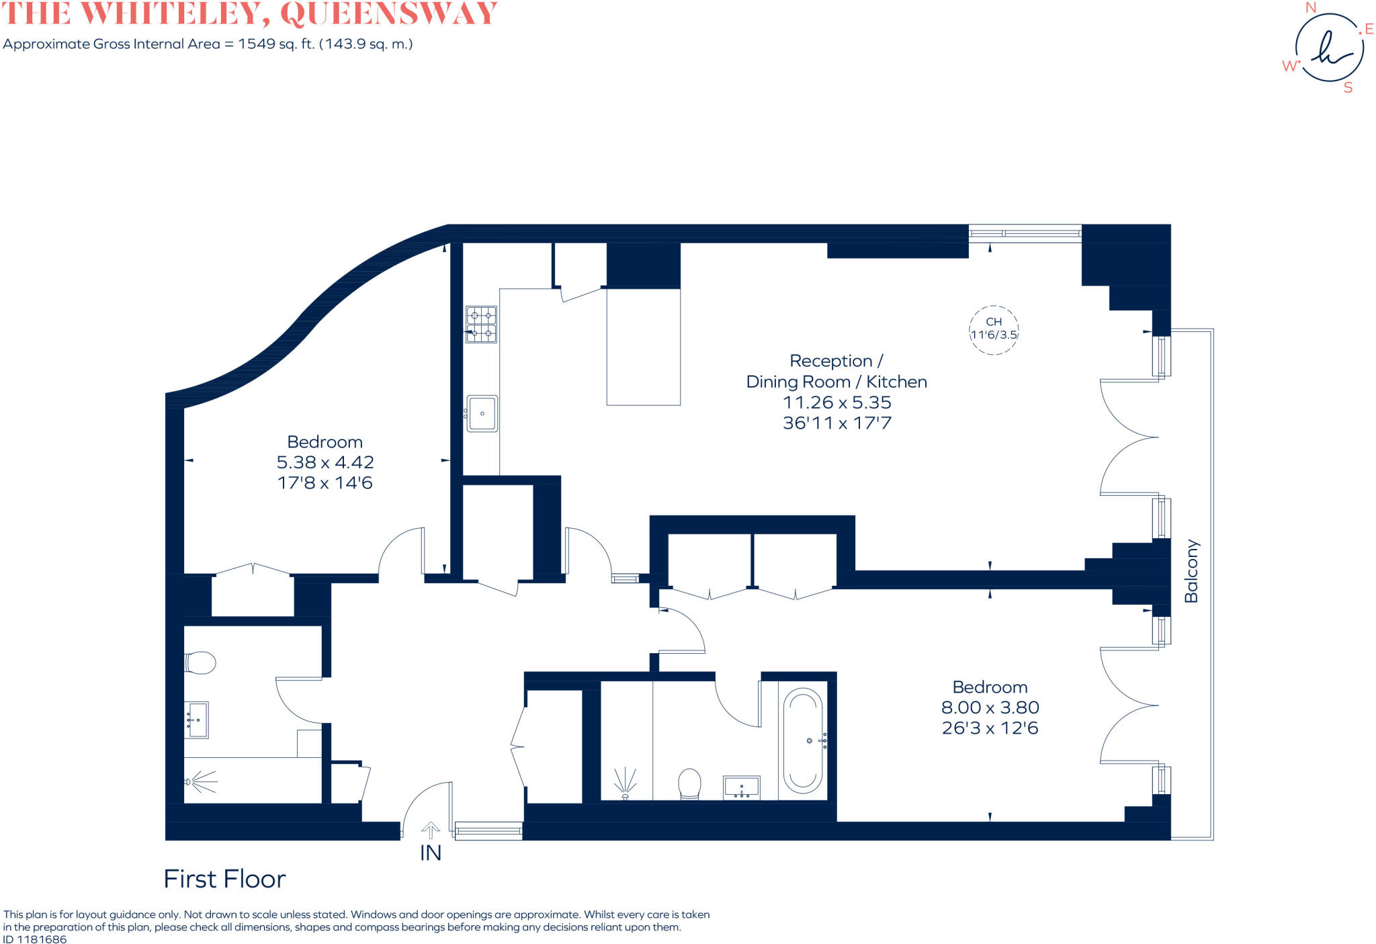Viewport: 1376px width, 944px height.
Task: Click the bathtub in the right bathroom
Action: (x=803, y=740)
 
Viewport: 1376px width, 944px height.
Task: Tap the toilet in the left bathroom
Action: (x=200, y=662)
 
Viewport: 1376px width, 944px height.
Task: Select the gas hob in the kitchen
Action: (x=481, y=324)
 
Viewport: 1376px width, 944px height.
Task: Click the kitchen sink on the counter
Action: (x=482, y=413)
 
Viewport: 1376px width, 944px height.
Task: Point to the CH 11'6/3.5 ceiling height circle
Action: (x=994, y=329)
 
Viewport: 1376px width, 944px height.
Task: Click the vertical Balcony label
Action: (x=1191, y=570)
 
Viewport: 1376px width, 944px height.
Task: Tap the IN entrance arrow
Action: (x=430, y=830)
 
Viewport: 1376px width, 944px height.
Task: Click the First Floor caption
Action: (x=224, y=879)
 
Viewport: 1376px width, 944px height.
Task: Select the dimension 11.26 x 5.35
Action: (x=836, y=402)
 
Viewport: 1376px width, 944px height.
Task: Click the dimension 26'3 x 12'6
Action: (x=990, y=728)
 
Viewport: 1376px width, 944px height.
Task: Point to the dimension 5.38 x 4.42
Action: (x=325, y=462)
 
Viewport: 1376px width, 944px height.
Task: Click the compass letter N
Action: (x=1310, y=8)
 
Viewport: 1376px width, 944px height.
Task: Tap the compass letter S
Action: (x=1347, y=88)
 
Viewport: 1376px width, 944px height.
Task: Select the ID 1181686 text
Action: (x=35, y=939)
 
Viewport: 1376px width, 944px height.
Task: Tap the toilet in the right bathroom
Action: (x=689, y=784)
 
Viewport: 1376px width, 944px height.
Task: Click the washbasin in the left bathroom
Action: (x=198, y=720)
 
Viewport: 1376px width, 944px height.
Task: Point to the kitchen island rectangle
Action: (x=643, y=347)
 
